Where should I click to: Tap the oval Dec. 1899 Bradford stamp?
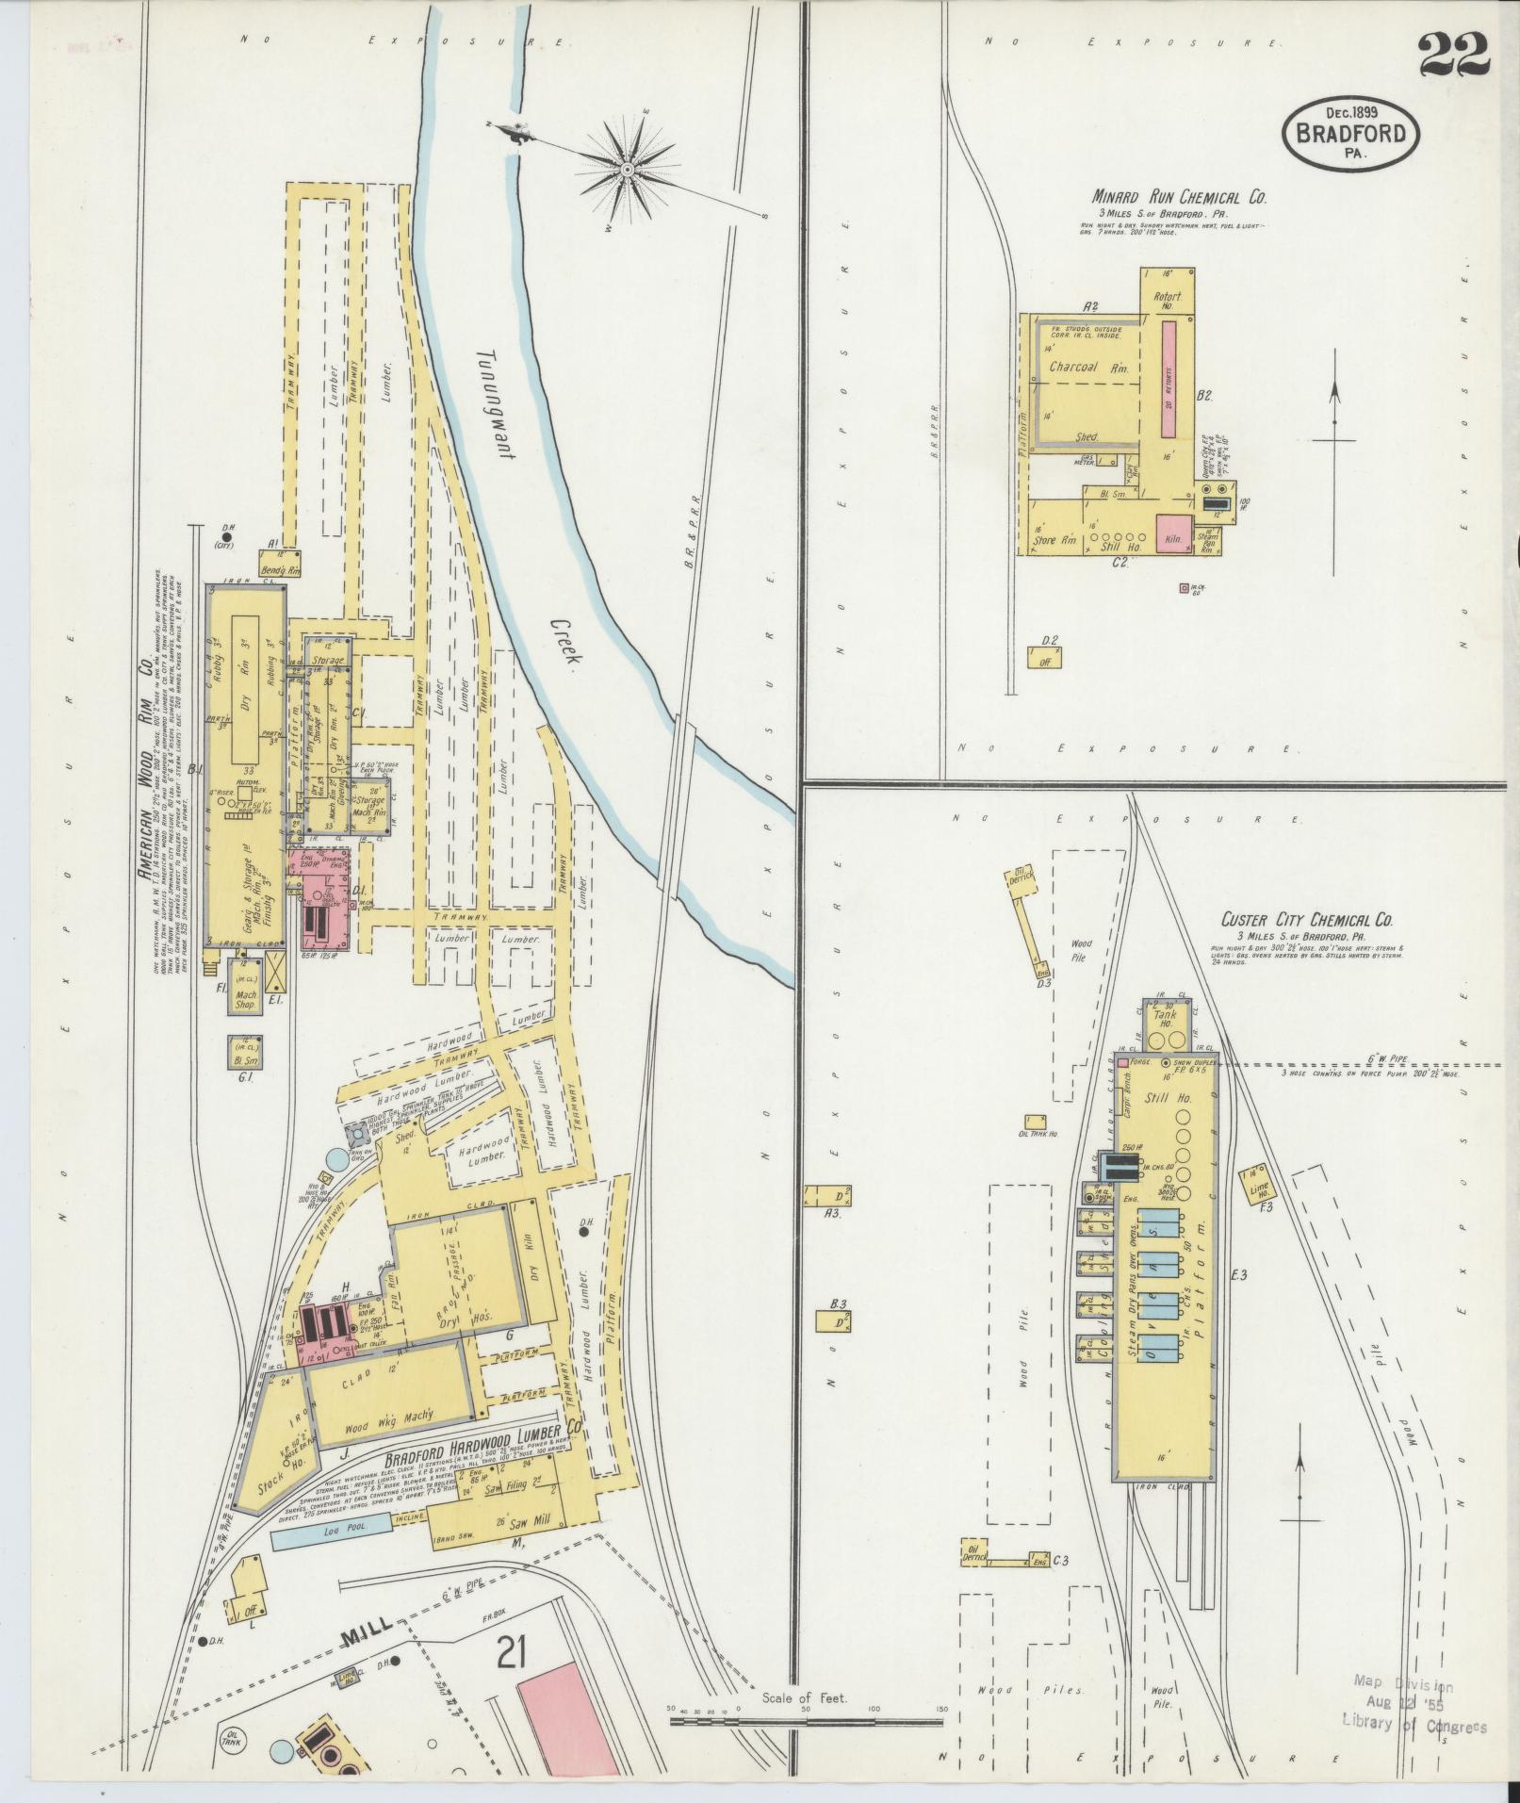pos(1350,133)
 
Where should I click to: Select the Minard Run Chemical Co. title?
pos(1179,198)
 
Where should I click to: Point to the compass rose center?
pos(627,171)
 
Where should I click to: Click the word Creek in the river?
pos(564,644)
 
